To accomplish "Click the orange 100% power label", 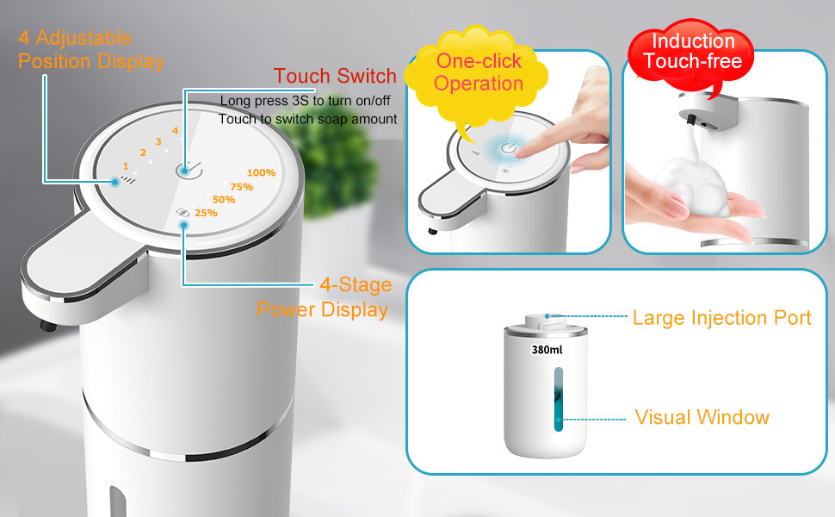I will tap(261, 173).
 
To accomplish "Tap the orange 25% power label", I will tap(206, 213).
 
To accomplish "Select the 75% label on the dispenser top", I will tap(242, 187).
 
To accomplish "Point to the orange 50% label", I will tap(224, 200).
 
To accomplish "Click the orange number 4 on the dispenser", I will tap(175, 131).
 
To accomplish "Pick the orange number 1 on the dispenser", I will tap(126, 165).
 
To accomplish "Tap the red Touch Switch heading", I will tap(335, 75).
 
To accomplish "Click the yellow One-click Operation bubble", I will tap(479, 72).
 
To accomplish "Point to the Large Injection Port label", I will tap(721, 318).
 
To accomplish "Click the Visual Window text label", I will tap(702, 418).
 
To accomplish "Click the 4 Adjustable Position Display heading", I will tap(90, 50).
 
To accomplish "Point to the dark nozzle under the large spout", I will tap(44, 326).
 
